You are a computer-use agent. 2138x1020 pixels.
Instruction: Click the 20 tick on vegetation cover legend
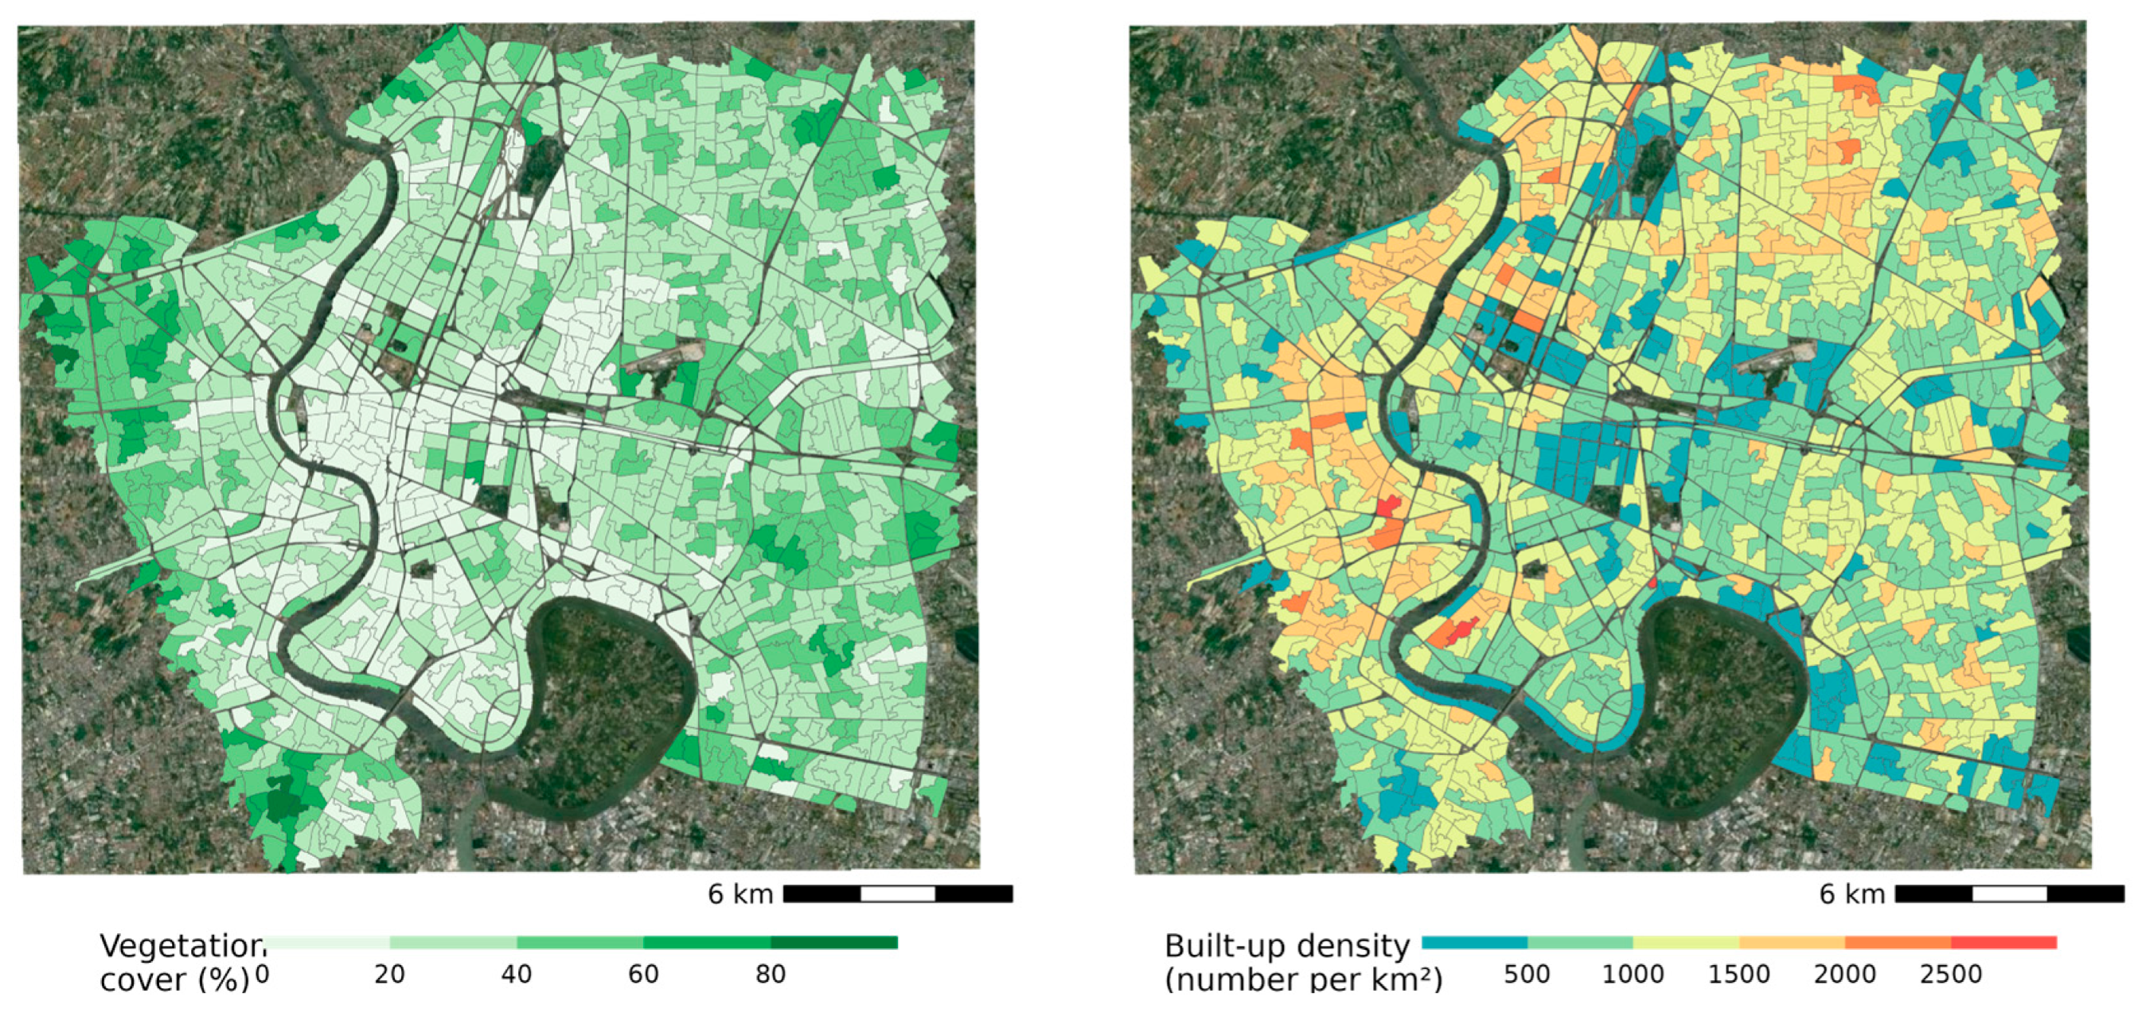click(x=389, y=975)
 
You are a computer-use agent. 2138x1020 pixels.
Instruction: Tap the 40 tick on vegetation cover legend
click(x=517, y=975)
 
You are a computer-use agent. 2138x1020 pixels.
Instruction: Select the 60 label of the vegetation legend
click(x=643, y=975)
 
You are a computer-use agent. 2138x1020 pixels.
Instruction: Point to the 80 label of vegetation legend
click(x=771, y=975)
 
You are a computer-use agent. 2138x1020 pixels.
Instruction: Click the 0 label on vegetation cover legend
click(x=262, y=975)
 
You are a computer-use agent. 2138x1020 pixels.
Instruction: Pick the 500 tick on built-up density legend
click(x=1527, y=975)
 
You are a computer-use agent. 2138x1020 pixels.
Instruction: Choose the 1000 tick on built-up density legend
click(x=1633, y=975)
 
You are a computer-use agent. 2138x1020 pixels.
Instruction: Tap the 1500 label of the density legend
click(x=1738, y=975)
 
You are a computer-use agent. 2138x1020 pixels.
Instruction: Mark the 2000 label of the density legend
click(x=1844, y=975)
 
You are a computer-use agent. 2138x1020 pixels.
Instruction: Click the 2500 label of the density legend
click(x=1950, y=975)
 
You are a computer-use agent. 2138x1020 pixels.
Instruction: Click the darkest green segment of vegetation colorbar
click(x=834, y=943)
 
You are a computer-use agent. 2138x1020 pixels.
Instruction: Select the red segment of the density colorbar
click(x=2003, y=943)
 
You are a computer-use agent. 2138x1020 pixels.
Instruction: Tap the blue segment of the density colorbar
click(x=1475, y=943)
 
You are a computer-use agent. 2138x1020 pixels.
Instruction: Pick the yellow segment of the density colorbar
click(x=1686, y=943)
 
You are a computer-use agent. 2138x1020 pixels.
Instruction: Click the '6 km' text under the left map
click(x=740, y=893)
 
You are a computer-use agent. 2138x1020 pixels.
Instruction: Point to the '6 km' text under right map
click(x=1851, y=893)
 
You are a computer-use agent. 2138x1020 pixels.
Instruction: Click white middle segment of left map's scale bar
click(x=898, y=893)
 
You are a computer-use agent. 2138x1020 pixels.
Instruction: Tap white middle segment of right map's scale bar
click(x=2009, y=893)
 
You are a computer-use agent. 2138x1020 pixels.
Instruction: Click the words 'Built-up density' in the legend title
click(x=1287, y=947)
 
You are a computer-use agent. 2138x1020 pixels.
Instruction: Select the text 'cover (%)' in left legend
click(x=174, y=980)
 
